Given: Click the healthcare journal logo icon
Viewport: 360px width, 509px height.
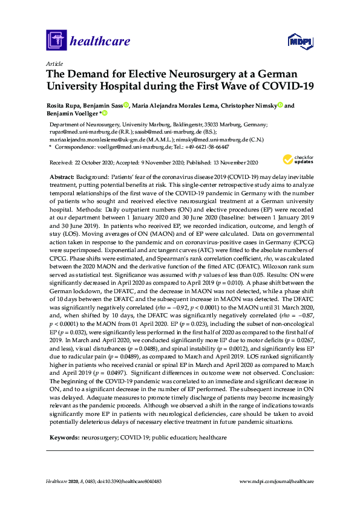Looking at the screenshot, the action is point(56,41).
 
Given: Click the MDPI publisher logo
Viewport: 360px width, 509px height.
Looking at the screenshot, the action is point(299,41).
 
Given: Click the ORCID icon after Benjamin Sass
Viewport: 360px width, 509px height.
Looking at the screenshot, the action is point(126,105).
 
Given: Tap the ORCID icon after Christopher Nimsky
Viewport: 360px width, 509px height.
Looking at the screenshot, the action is point(280,105).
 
